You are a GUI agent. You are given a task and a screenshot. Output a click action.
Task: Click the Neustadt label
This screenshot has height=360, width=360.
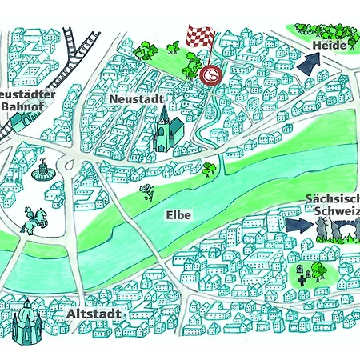[x=138, y=98]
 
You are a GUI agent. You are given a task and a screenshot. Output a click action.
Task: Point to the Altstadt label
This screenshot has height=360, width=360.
[x=94, y=313]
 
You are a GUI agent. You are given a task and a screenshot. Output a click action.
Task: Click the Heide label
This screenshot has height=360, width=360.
[x=329, y=46]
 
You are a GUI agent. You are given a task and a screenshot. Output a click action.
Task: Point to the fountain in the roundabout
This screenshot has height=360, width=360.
[x=42, y=170]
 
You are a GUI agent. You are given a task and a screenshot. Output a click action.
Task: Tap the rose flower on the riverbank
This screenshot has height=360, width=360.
[x=146, y=192]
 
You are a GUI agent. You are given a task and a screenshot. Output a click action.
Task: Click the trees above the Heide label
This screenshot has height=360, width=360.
[x=324, y=29]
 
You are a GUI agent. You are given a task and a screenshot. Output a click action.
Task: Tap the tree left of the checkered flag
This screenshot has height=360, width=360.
[x=146, y=51]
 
